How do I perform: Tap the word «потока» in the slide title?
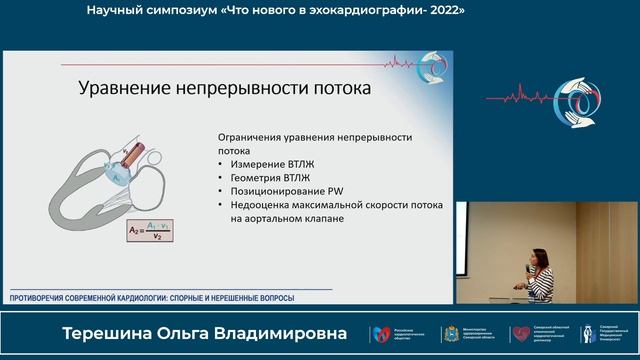[x=335, y=89]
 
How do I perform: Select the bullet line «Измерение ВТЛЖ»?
[x=265, y=162]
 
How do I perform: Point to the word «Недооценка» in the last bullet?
[x=257, y=204]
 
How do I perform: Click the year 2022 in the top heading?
[x=446, y=10]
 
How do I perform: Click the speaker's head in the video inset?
[x=541, y=259]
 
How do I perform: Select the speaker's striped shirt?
[x=541, y=285]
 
